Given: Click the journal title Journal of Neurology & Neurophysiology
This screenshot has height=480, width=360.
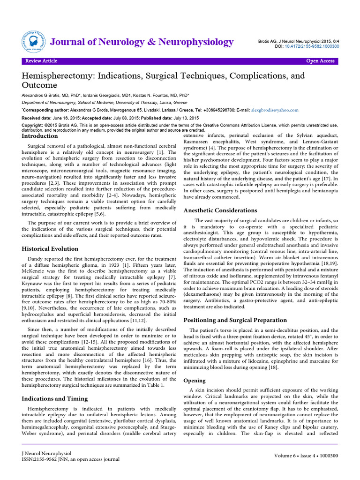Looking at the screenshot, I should pos(142,42).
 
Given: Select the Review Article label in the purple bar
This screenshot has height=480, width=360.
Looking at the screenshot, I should pos(41,61).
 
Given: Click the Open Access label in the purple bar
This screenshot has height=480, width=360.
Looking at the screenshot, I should pos(320,61).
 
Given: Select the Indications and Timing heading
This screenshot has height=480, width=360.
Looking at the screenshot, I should pos(55,398).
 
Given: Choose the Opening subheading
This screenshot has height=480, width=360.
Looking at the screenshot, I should pos(194,380).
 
